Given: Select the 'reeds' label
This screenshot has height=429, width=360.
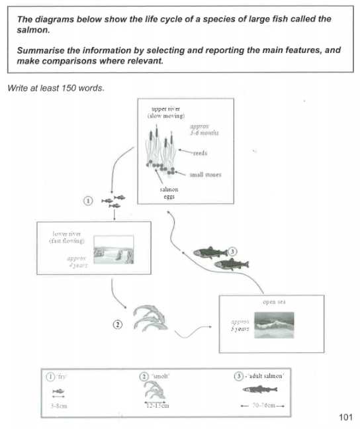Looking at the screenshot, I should (200, 153).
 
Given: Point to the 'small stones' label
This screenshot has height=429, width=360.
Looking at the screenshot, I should (206, 175).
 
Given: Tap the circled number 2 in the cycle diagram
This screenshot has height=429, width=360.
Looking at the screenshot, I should (117, 324).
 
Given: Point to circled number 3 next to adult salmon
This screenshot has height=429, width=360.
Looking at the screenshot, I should (232, 251).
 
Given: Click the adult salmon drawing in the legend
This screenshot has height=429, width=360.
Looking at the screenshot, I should (263, 391).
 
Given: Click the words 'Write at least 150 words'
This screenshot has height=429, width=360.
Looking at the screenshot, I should (55, 87).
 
